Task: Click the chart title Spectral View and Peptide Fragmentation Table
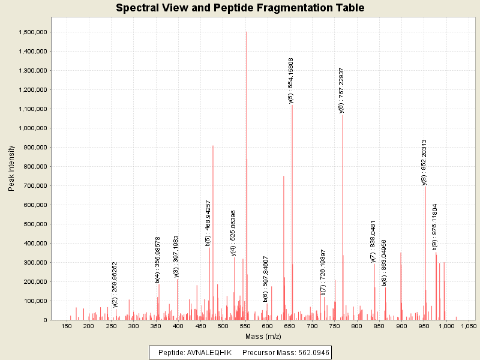240,8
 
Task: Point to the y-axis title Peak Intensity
11,171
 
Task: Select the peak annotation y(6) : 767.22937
341,90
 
